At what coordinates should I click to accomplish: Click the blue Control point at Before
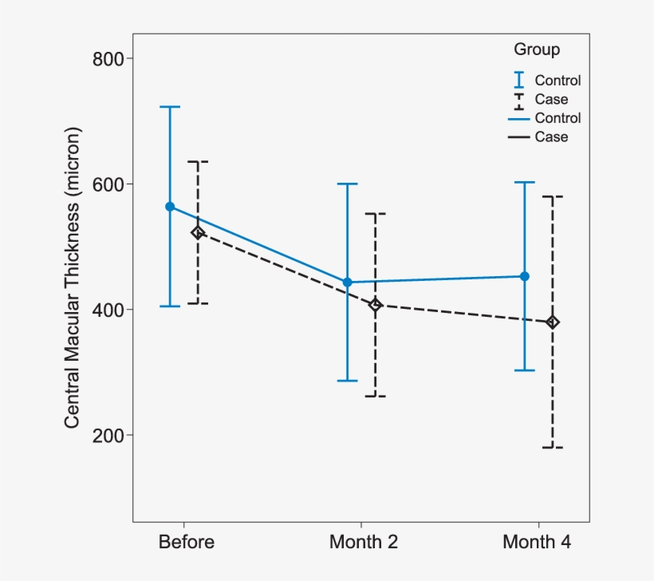pyautogui.click(x=170, y=207)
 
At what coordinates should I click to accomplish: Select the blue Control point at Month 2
pyautogui.click(x=347, y=283)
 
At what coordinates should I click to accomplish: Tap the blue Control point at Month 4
pyautogui.click(x=525, y=276)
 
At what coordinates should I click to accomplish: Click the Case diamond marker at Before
pyautogui.click(x=198, y=233)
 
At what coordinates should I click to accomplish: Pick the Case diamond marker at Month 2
pyautogui.click(x=376, y=305)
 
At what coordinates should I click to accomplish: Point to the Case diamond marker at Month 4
pyautogui.click(x=553, y=322)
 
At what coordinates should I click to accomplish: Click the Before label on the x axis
pyautogui.click(x=187, y=543)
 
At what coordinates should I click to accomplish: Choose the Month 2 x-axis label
pyautogui.click(x=364, y=543)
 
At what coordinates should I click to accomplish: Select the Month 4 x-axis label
pyautogui.click(x=537, y=543)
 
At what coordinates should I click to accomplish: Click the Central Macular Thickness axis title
pyautogui.click(x=73, y=276)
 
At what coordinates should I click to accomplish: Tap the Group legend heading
pyautogui.click(x=537, y=49)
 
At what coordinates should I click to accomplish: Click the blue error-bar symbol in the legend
pyautogui.click(x=519, y=80)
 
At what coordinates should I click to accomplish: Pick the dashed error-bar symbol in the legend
pyautogui.click(x=519, y=99)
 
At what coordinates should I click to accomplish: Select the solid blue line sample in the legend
pyautogui.click(x=519, y=118)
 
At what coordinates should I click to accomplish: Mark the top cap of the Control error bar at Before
pyautogui.click(x=170, y=107)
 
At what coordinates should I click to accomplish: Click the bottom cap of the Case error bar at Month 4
pyautogui.click(x=553, y=448)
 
